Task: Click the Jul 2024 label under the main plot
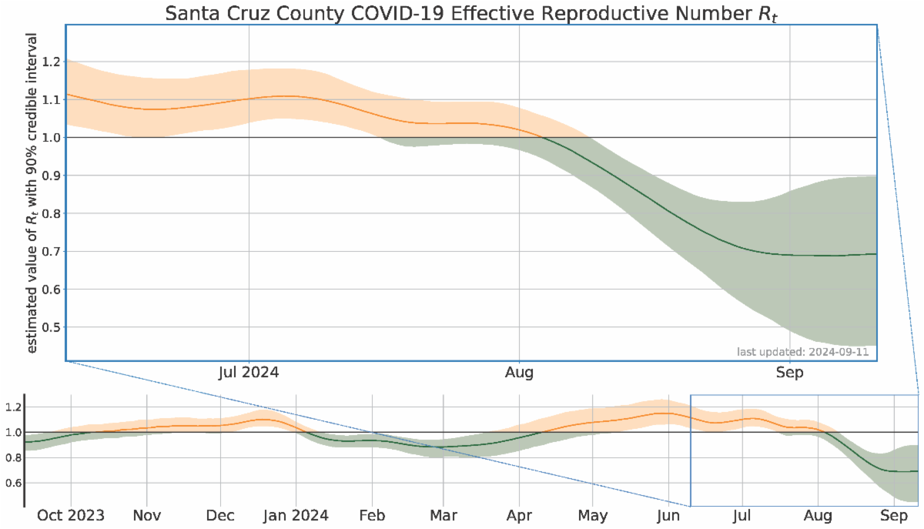(x=249, y=373)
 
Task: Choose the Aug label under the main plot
(x=520, y=373)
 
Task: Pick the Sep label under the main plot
(x=790, y=373)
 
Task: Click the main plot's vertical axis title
(x=32, y=193)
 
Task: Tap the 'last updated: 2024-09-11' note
(x=805, y=352)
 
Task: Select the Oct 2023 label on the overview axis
(x=71, y=515)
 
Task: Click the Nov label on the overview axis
(x=146, y=515)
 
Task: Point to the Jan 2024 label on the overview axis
(x=296, y=515)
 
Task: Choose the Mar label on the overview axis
(x=444, y=515)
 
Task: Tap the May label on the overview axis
(x=593, y=515)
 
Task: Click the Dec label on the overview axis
(x=221, y=515)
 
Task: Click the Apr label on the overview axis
(x=520, y=515)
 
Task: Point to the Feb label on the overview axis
(x=372, y=515)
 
